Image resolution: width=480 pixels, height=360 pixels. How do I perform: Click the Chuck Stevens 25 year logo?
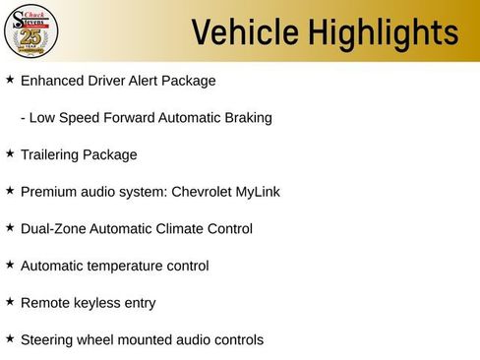pos(31,31)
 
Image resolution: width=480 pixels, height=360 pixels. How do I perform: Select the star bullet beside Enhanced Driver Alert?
pos(10,79)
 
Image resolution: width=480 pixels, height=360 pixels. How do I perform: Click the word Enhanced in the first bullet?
pos(50,81)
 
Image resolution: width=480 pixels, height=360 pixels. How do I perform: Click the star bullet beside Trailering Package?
pos(10,153)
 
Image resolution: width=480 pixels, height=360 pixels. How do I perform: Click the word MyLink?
pos(259,192)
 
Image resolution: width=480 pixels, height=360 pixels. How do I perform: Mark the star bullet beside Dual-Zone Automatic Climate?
pos(10,227)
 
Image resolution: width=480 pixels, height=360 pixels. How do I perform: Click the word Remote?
pos(45,303)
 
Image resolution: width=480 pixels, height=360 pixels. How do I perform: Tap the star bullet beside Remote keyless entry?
pos(10,301)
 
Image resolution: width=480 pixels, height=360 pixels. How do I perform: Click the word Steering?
pos(47,340)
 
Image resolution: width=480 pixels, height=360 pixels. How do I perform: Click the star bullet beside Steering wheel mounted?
pos(10,338)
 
